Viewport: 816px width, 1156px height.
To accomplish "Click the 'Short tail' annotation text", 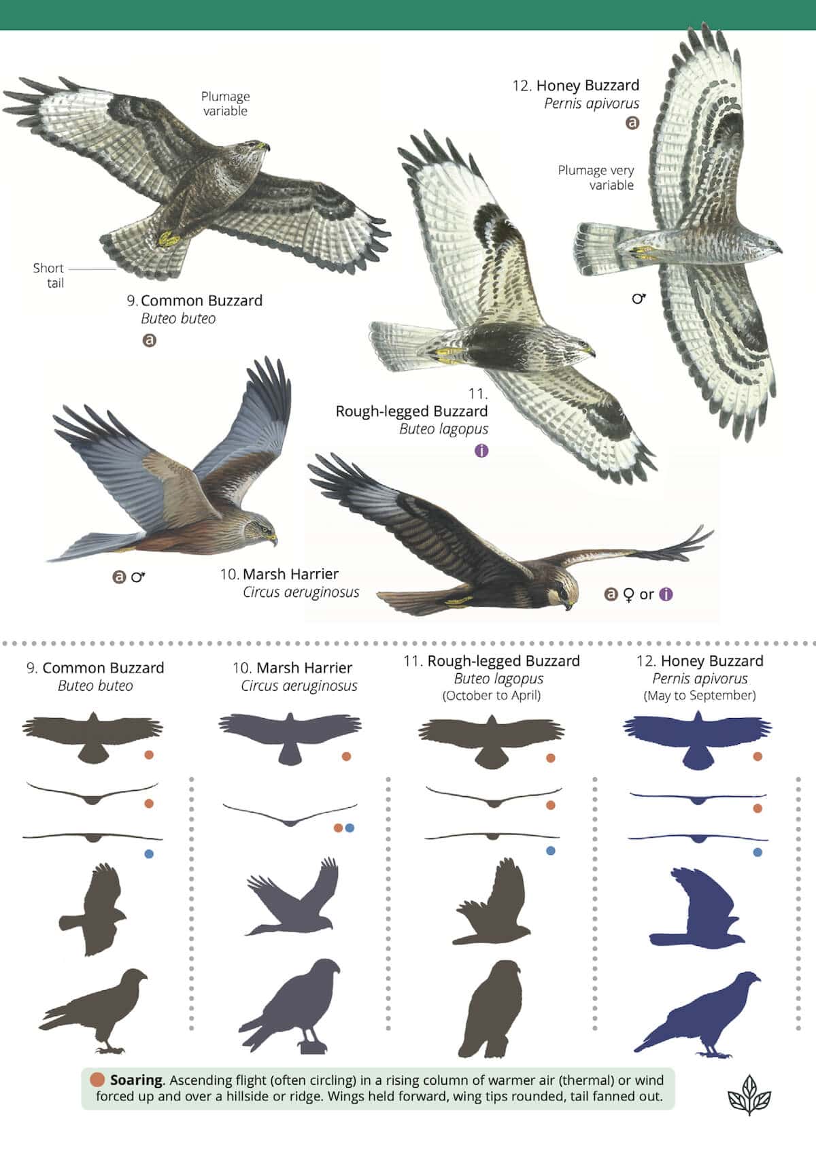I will (x=48, y=275).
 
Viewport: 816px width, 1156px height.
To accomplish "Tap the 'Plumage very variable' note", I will (x=596, y=177).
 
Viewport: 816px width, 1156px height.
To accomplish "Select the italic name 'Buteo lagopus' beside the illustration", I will (x=443, y=429).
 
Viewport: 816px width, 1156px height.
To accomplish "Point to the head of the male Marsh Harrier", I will (x=261, y=528).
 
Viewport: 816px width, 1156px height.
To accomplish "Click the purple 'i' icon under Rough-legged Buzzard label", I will (x=481, y=450).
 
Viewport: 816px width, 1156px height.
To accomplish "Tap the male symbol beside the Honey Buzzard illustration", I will (x=639, y=298).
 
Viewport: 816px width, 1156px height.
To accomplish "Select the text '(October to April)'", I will (x=492, y=696).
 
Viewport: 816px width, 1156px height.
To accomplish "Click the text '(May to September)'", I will (x=699, y=696).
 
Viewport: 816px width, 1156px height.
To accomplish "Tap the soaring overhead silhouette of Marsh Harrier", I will (x=290, y=736).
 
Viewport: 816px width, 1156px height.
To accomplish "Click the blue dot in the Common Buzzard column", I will (x=149, y=854).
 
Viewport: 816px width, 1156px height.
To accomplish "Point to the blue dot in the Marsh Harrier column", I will (x=350, y=828).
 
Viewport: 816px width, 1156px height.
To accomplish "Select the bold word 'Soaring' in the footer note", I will (x=136, y=1080).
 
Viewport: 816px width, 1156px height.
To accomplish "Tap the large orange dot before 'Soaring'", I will (x=97, y=1080).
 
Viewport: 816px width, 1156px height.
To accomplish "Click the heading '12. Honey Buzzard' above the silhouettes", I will (x=700, y=661).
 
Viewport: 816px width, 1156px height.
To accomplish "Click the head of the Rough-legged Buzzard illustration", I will (x=583, y=347).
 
